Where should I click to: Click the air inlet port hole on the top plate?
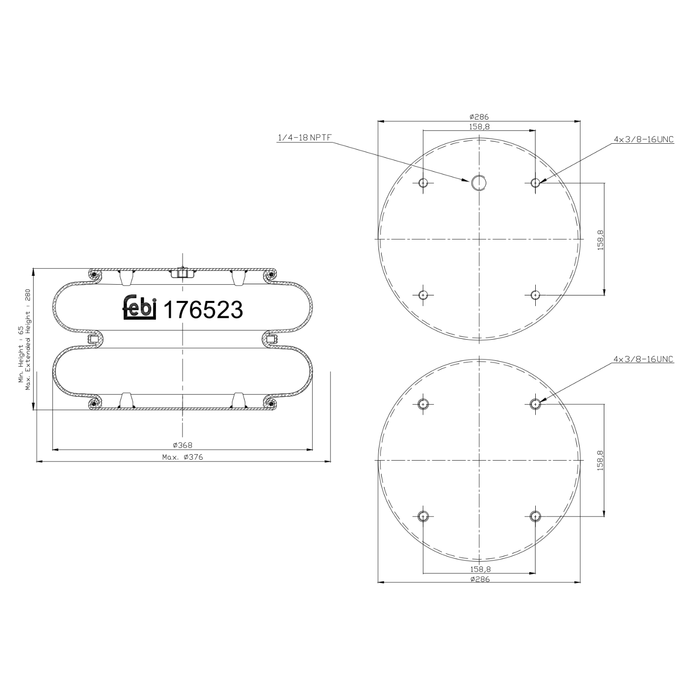point(479,182)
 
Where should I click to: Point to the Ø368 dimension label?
point(182,445)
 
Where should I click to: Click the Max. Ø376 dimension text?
point(182,457)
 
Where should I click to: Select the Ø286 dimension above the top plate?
point(479,117)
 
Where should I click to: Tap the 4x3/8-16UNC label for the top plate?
point(644,139)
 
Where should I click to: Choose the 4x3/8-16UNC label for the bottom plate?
point(644,359)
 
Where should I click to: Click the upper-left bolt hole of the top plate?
point(423,182)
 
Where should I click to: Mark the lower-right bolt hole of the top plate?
point(535,295)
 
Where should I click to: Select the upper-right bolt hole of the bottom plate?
point(535,403)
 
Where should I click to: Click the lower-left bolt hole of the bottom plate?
point(423,516)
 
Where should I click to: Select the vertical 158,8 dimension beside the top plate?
point(600,239)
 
